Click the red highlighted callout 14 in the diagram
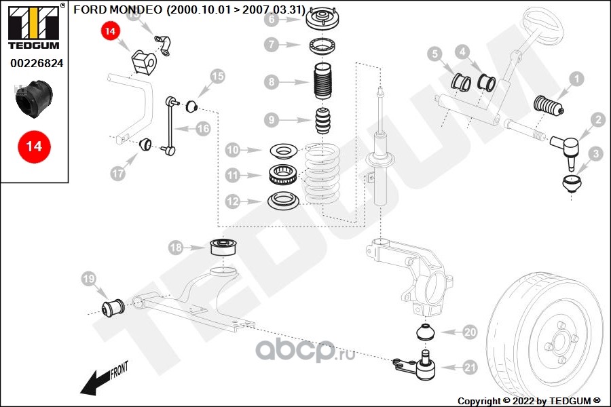(111, 31)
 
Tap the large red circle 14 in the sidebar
(34, 146)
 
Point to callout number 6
(272, 20)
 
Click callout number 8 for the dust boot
(272, 83)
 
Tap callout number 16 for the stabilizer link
(204, 128)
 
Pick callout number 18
(176, 248)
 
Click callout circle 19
(89, 278)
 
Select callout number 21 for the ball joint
(470, 368)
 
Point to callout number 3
(596, 154)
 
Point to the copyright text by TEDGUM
(530, 400)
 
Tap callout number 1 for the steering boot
(576, 79)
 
